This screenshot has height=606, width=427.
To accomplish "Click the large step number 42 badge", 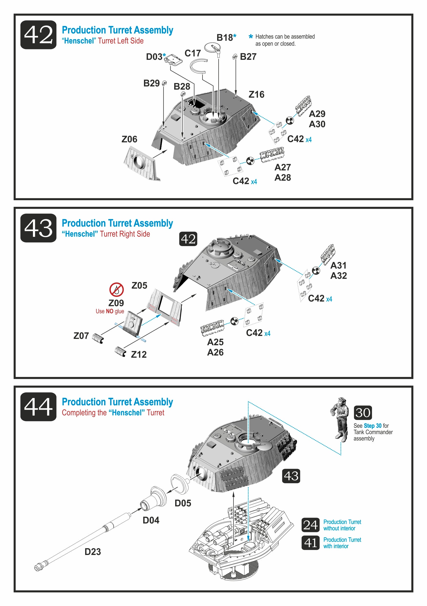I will pos(38,35).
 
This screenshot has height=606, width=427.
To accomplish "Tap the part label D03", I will pos(154,57).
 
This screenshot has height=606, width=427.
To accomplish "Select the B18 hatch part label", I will pos(225,38).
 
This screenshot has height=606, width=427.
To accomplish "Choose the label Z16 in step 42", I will pos(256,94).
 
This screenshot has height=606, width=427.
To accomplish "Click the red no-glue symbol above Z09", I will pos(116,289).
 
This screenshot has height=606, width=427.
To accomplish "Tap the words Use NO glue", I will pos(110,311).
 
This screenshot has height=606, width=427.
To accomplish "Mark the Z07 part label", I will pos(81,336).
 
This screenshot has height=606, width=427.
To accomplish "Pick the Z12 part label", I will pos(139,355).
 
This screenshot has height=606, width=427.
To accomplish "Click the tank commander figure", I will pos(340,419).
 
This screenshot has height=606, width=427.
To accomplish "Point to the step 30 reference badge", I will pos(363,413).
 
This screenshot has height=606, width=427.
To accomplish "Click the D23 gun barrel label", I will pos(92,552).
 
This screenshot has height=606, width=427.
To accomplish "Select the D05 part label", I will pos(183,503).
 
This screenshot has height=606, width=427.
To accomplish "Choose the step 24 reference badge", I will pos(310,525).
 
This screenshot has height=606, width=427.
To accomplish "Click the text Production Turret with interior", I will pos(342,543).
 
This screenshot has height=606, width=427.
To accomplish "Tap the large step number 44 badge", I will pos(38,407).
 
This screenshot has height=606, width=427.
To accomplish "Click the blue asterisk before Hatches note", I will pos(251,36).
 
